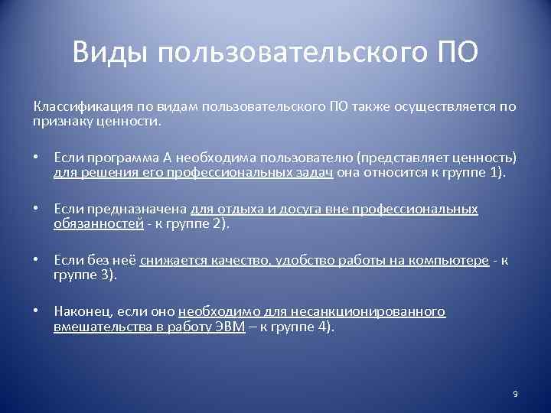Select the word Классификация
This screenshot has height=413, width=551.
[78, 106]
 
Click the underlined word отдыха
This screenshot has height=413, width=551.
[229, 209]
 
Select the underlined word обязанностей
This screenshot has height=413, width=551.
[98, 224]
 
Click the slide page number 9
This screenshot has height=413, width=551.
[515, 393]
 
